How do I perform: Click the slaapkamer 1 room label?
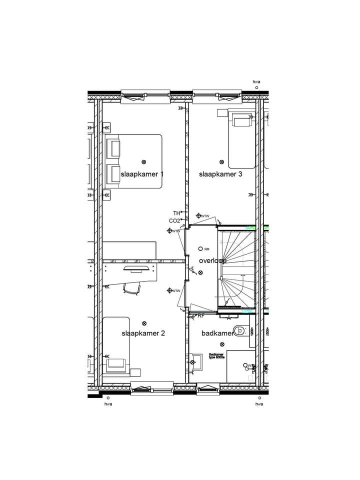142,174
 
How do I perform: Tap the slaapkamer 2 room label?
143,333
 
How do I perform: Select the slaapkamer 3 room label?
220,174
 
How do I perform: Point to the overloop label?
212,261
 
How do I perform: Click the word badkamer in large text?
217,333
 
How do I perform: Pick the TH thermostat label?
176,213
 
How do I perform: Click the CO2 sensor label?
174,220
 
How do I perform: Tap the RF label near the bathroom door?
201,316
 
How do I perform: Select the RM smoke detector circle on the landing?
200,248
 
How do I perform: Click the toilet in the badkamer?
241,330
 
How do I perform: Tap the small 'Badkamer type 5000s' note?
216,356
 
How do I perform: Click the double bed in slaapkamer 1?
134,161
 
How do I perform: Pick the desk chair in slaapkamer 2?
130,288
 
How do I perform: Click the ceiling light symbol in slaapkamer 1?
144,162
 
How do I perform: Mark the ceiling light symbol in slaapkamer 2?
144,323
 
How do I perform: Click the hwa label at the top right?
256,81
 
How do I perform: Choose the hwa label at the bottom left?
108,404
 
